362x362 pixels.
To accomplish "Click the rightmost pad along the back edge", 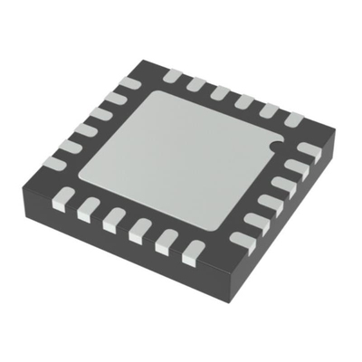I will tap(293, 118).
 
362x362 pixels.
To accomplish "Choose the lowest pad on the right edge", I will tap(243, 240).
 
